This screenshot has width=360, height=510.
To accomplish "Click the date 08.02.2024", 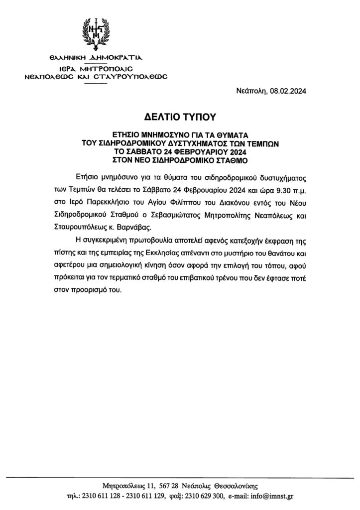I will coord(288,91).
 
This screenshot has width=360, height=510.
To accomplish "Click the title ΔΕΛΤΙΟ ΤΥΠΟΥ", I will coord(181,118).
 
